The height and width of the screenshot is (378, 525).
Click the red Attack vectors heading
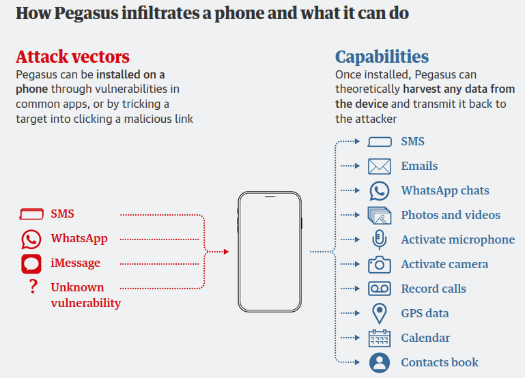pos(72,57)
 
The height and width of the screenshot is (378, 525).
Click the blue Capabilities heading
pos(382,57)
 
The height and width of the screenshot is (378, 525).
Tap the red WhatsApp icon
pos(31,239)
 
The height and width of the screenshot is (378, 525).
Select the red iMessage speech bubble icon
pos(31,263)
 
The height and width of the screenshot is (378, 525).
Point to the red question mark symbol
pos(32,287)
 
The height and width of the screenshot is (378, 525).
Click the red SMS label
pos(62,214)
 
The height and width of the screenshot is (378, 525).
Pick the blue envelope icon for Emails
pos(379,166)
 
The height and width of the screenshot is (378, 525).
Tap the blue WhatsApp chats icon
pos(379,190)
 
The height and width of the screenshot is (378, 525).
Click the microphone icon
pos(379,239)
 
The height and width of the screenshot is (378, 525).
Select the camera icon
pos(379,264)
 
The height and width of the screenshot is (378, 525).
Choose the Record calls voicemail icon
pos(379,289)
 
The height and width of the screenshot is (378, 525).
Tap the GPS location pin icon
pos(379,313)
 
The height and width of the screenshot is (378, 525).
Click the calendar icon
pos(379,338)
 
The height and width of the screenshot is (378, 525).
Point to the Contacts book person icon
pos(379,362)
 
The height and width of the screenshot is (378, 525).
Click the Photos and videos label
pos(451,215)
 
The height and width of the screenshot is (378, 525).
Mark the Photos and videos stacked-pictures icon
pos(379,215)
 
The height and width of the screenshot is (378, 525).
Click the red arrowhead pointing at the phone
pos(226,252)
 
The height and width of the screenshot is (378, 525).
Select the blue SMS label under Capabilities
pos(412,141)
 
